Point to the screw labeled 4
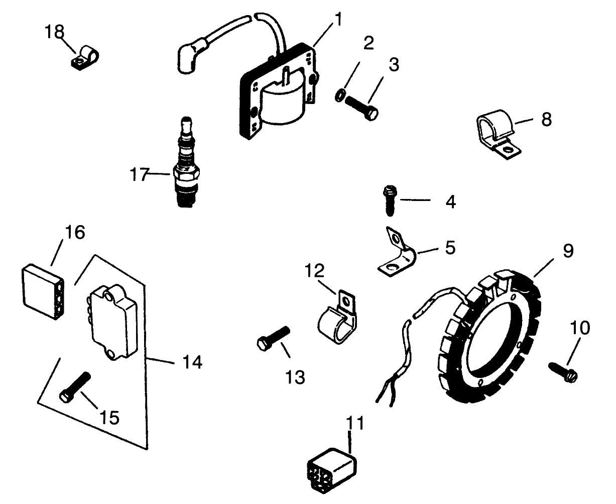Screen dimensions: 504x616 pos(389,199)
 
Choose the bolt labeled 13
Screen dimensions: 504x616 pos(274,337)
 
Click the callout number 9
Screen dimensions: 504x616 pos(567,251)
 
